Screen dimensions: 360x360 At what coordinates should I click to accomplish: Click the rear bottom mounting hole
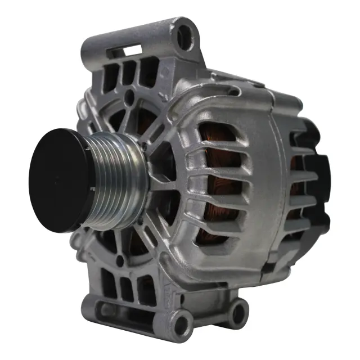[239, 309]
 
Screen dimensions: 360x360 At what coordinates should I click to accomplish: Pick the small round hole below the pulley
[119, 260]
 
